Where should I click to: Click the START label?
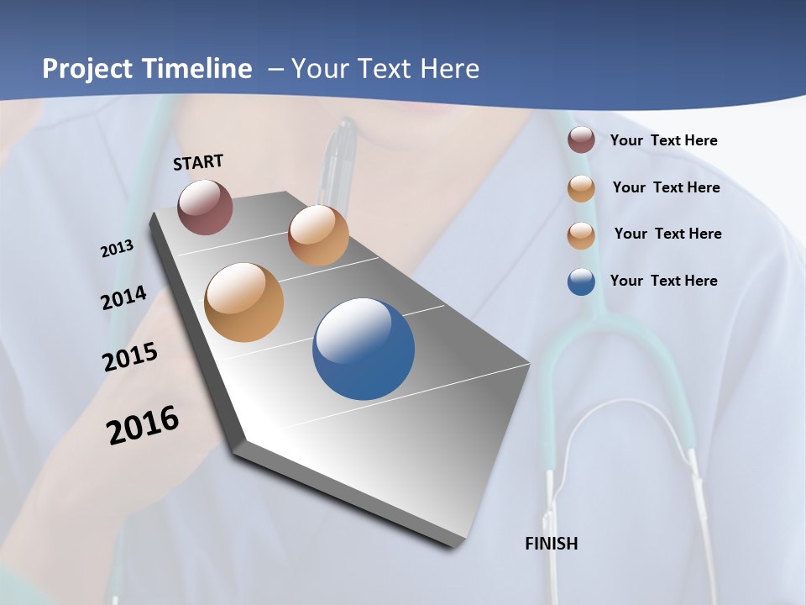tap(198, 162)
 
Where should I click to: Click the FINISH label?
tap(551, 544)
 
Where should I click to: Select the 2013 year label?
tap(117, 249)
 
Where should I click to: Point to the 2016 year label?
tap(143, 425)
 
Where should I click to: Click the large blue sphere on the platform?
tap(364, 349)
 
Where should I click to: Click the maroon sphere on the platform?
tap(205, 207)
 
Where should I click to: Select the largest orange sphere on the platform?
tap(243, 302)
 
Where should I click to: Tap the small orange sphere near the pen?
tap(318, 235)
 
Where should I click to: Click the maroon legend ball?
tap(581, 139)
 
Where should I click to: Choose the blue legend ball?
tap(581, 281)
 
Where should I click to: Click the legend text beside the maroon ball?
tap(663, 140)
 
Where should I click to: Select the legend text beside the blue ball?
tap(663, 281)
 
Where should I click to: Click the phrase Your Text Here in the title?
tap(385, 69)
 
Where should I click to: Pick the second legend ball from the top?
tap(581, 188)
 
